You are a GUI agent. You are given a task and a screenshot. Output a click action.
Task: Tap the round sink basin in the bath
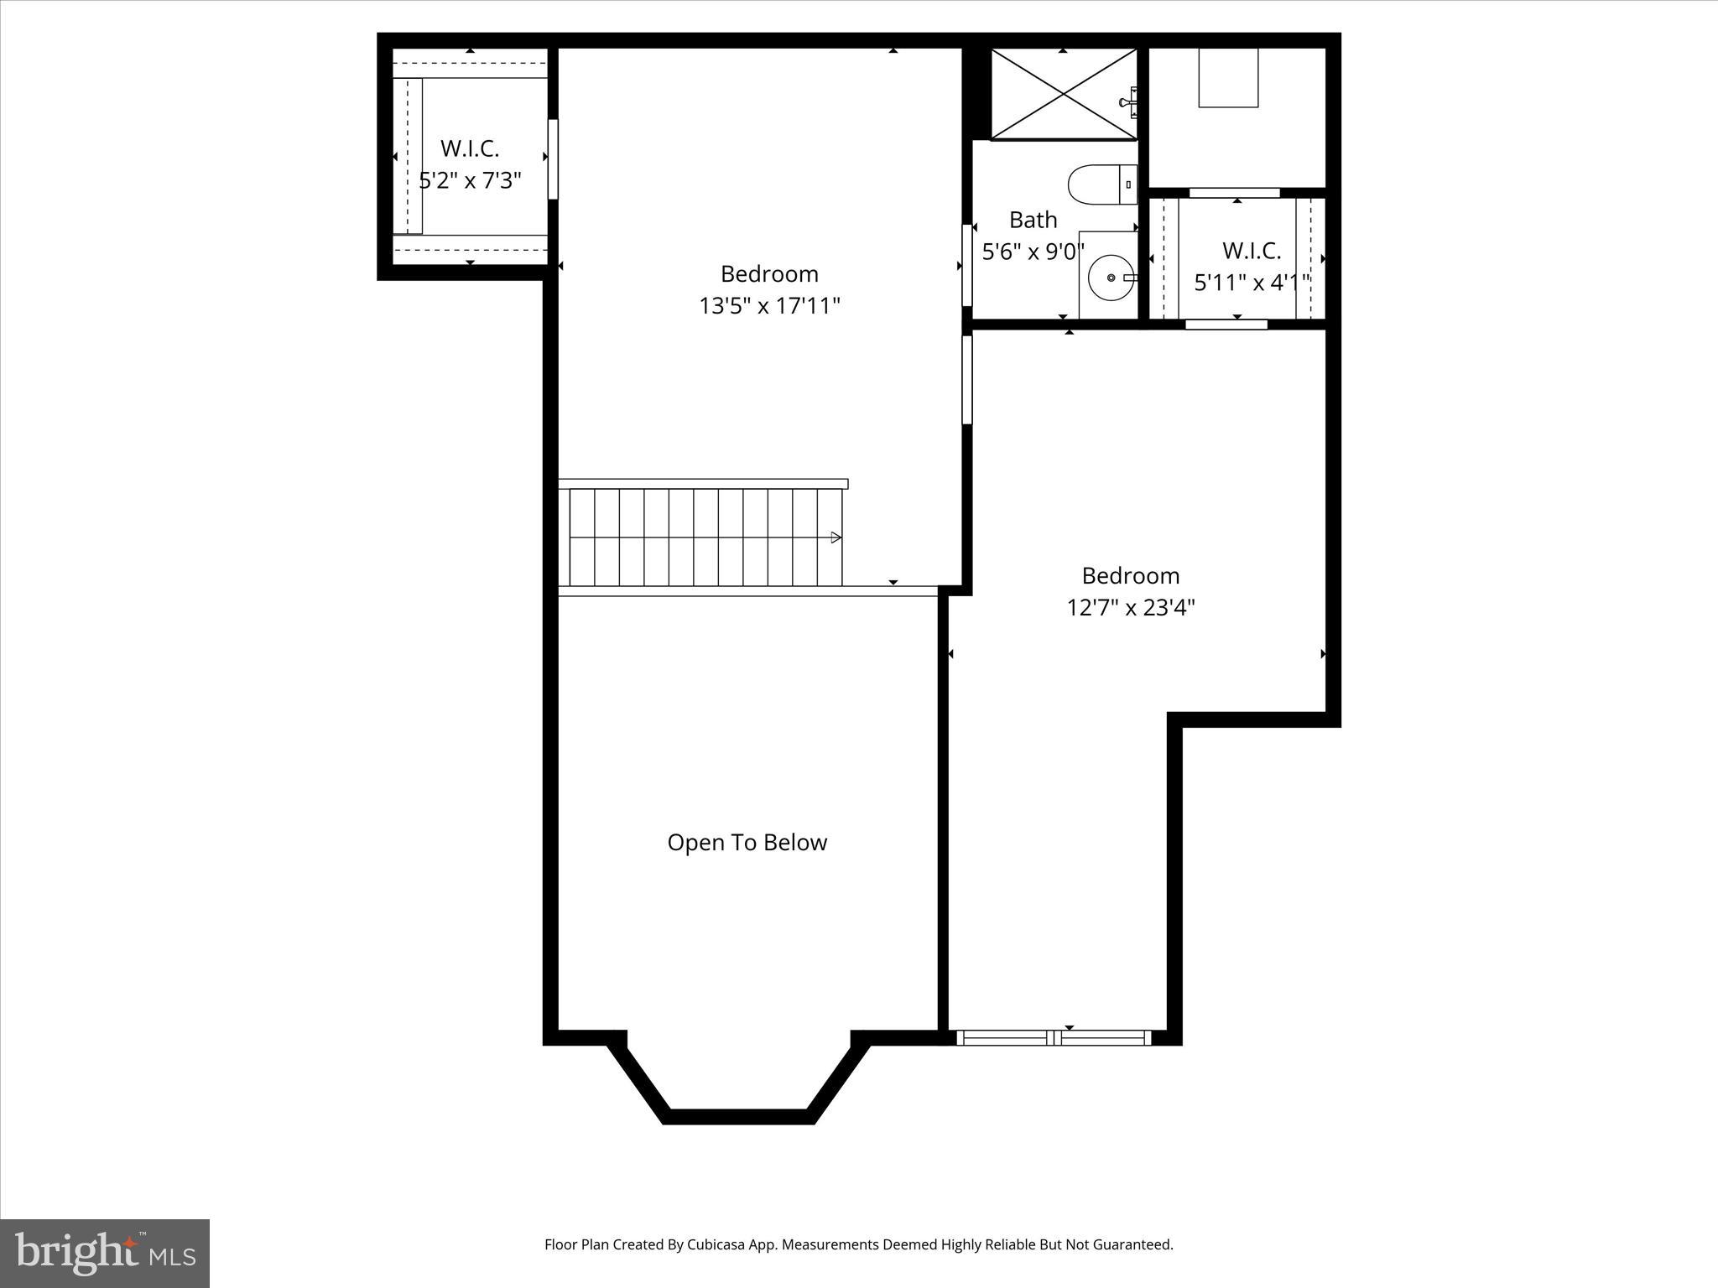[1111, 278]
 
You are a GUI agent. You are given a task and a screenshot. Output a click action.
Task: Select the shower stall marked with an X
[1063, 93]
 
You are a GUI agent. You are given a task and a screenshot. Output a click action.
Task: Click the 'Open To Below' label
[747, 843]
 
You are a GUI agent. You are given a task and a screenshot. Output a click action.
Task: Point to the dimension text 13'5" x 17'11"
[769, 306]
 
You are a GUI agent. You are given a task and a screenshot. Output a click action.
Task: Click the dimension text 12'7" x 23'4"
[1130, 607]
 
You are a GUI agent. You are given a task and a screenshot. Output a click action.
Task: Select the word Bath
[1033, 220]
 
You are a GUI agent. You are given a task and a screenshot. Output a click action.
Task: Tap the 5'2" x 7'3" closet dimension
[470, 180]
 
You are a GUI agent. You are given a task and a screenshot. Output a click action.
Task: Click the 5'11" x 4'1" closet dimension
[1252, 283]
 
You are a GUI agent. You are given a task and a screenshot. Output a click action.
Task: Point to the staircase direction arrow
[836, 538]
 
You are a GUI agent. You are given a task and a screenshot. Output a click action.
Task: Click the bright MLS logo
[105, 1254]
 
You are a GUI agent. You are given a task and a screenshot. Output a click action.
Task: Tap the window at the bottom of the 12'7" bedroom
[1054, 1038]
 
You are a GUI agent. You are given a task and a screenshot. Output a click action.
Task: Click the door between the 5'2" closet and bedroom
[553, 159]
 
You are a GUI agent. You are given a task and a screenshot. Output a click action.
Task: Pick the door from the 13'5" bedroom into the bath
[966, 265]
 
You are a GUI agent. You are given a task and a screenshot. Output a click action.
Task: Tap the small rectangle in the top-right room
[1228, 78]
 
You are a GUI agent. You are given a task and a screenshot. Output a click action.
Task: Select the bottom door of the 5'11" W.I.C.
[1226, 325]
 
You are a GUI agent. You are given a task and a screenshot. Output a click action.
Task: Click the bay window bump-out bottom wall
[739, 1116]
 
